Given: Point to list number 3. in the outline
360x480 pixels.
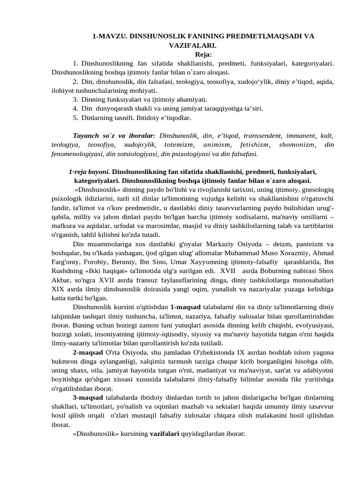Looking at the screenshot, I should coord(75,99).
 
